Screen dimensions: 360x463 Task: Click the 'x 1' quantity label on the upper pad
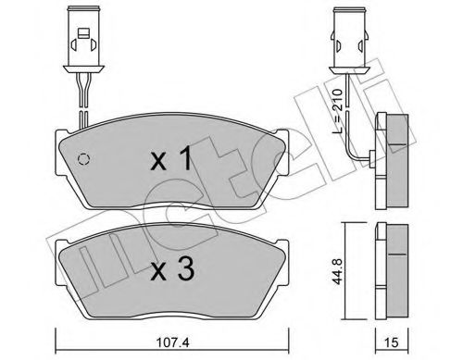click(172, 161)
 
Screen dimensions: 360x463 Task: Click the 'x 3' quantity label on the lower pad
click(172, 271)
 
